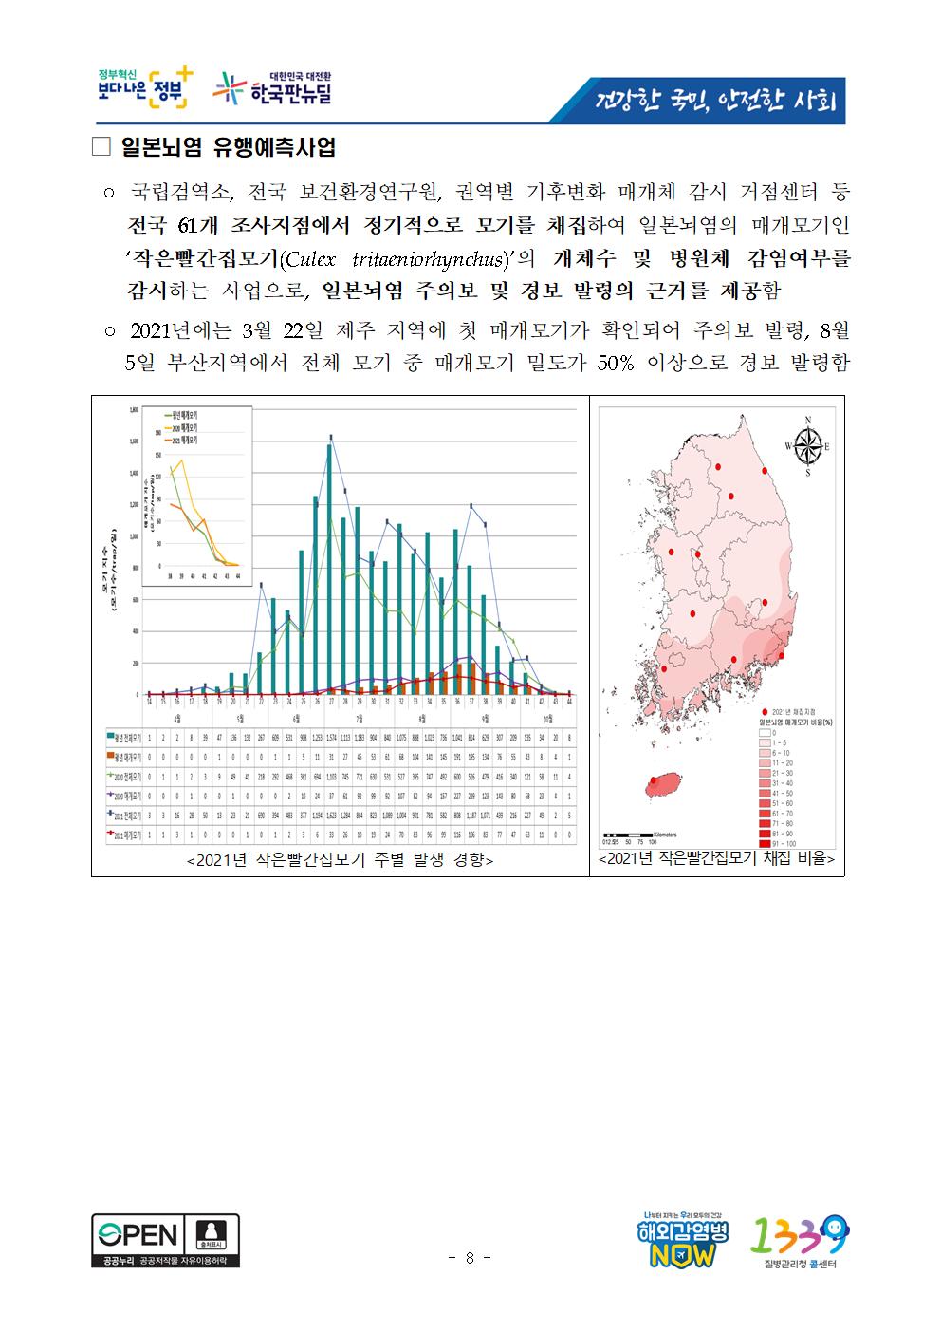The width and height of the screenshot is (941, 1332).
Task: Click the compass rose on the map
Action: pos(807,446)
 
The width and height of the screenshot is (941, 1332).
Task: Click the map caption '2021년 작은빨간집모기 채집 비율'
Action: pos(716,859)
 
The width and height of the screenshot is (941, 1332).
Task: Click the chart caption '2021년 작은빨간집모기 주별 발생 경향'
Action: pos(340,859)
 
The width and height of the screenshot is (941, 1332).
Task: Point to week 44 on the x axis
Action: pos(568,702)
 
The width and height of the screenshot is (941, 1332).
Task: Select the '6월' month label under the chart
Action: pos(296,718)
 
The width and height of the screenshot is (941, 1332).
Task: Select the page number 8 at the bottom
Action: pos(470,1258)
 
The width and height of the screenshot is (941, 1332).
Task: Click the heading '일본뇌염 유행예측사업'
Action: pos(229,148)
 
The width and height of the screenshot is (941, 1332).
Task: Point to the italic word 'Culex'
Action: pos(313,258)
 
